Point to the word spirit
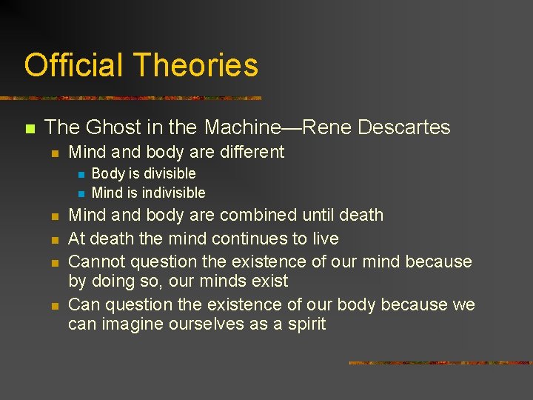(307, 324)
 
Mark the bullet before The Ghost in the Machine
(30, 128)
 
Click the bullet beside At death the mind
(55, 239)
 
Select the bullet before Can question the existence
(55, 305)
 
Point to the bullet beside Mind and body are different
(55, 153)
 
